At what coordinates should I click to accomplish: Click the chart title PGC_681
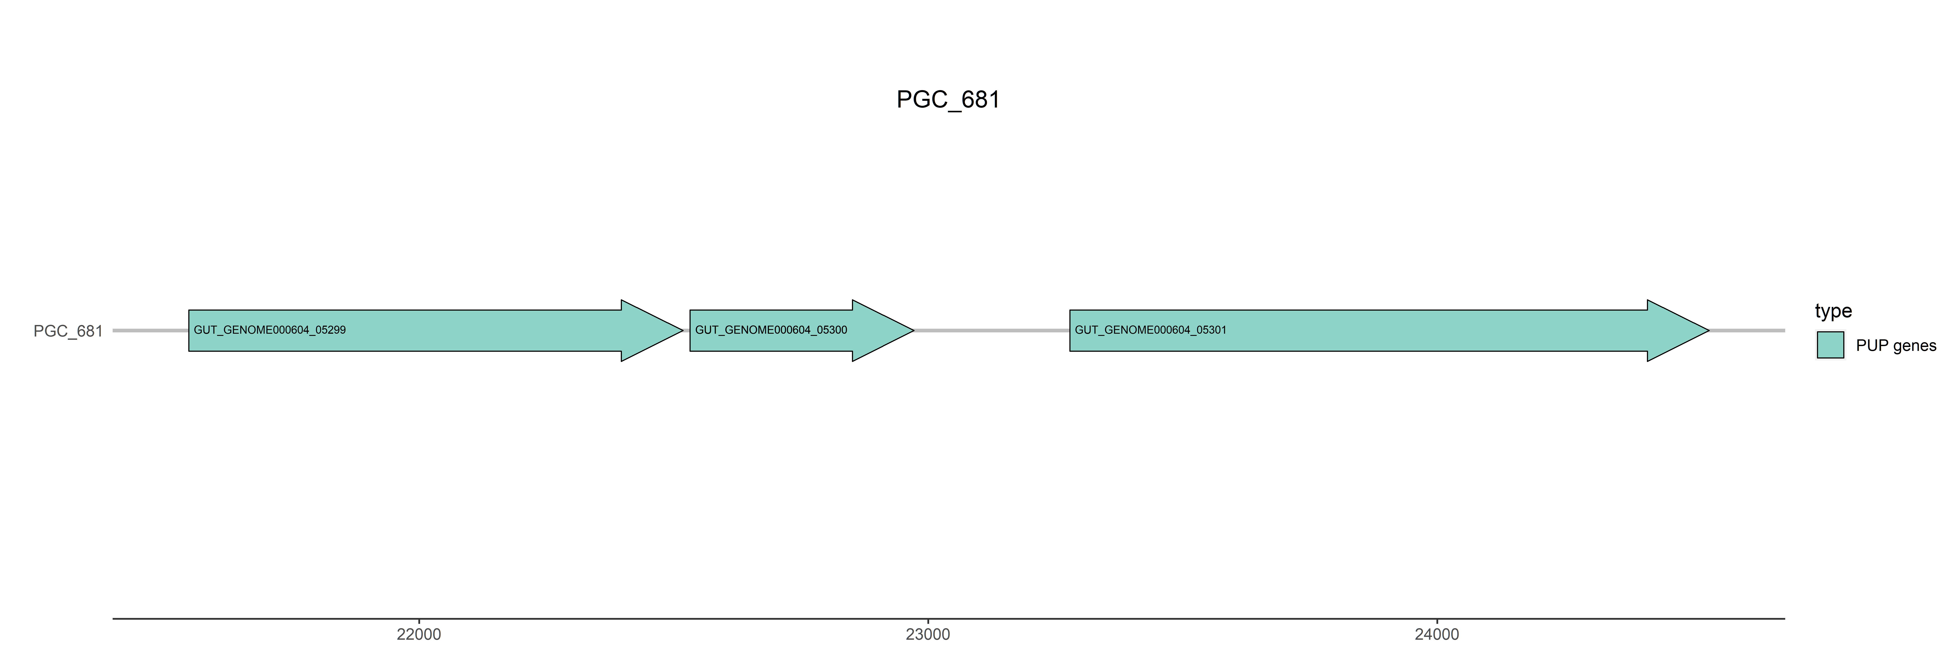tap(948, 100)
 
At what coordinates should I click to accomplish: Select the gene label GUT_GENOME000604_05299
tap(270, 330)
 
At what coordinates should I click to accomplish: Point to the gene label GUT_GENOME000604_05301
tap(1150, 330)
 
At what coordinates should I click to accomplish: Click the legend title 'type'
tap(1833, 311)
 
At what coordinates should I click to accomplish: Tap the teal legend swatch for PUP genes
tap(1830, 345)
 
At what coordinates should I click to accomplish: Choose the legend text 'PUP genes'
tap(1895, 346)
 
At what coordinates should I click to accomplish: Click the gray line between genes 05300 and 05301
tap(991, 331)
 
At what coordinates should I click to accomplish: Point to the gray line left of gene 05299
tap(150, 331)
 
